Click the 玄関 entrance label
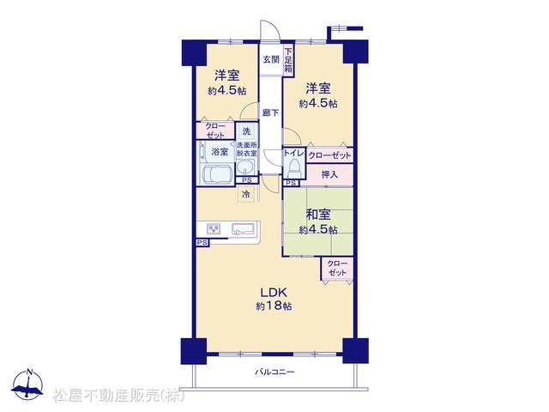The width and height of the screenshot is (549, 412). click(271, 59)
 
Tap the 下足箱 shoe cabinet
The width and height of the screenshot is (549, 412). click(288, 60)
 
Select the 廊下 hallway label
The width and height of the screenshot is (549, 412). click(271, 112)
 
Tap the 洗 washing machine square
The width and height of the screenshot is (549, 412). click(246, 131)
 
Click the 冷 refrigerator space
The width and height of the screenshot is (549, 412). click(246, 194)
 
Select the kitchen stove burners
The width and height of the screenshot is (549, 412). click(214, 229)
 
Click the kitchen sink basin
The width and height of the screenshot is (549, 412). click(244, 229)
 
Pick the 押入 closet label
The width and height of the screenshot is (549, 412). click(329, 174)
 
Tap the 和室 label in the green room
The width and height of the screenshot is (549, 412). click(318, 215)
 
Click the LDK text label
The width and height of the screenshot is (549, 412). click(274, 292)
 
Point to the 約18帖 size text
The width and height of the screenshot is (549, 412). click(274, 306)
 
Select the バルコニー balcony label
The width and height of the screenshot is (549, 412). click(274, 372)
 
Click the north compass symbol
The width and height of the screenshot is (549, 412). click(27, 385)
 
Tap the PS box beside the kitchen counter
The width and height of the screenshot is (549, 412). click(202, 242)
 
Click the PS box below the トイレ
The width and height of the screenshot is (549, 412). click(291, 183)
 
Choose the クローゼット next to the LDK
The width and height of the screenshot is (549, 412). click(337, 269)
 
